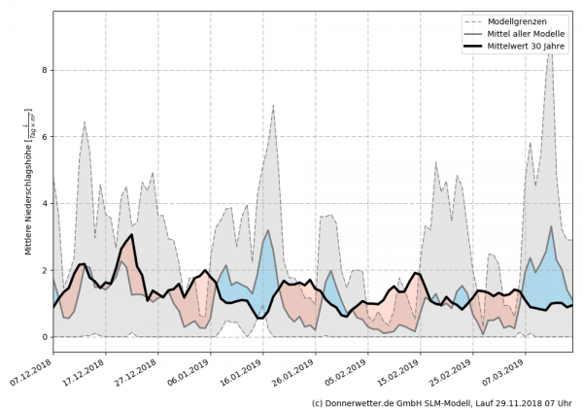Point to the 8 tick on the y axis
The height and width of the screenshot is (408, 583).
tap(45, 71)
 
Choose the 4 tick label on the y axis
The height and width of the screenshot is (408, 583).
tap(45, 204)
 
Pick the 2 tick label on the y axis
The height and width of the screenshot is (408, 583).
tap(45, 271)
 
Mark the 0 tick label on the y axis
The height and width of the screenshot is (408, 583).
tap(45, 338)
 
